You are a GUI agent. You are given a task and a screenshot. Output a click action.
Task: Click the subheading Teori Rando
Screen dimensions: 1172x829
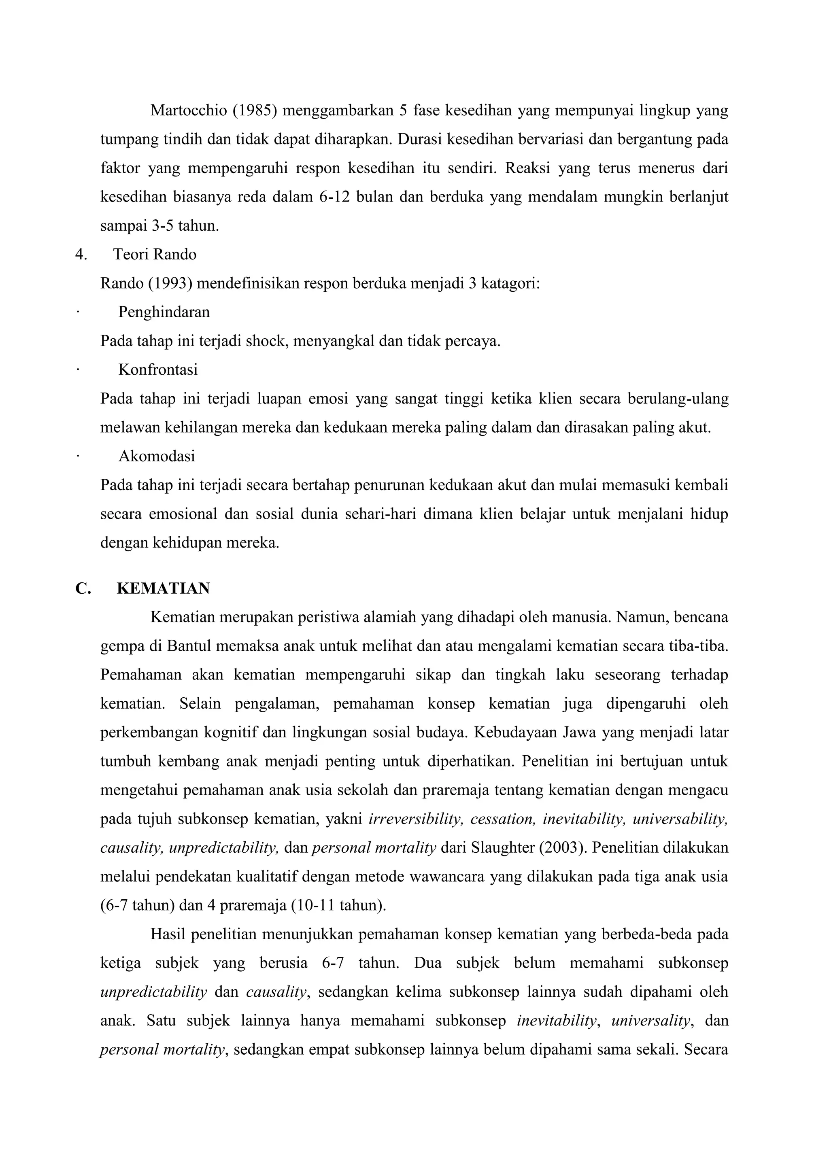pos(155,254)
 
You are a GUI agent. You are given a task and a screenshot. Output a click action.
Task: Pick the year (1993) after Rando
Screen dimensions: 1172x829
pos(170,283)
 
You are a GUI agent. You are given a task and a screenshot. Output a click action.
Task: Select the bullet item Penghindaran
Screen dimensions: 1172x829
pos(164,312)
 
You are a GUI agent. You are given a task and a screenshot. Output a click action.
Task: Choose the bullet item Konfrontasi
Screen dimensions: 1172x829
pos(158,369)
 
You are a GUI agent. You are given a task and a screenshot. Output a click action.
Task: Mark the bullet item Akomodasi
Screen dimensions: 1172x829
pos(157,456)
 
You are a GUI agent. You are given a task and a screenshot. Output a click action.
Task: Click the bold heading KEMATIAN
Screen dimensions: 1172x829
pos(164,588)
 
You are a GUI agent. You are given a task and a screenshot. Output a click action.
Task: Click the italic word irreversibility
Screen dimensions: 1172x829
pos(415,819)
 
